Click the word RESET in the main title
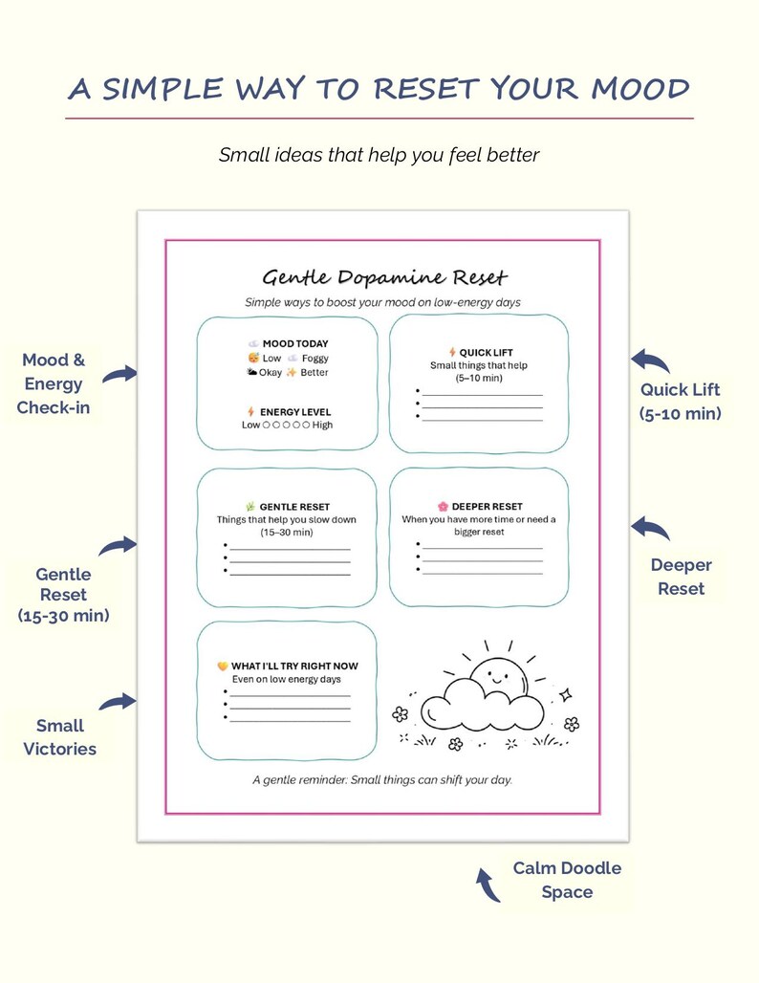click(426, 88)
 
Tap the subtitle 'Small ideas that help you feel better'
click(379, 155)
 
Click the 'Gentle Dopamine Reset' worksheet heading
click(384, 277)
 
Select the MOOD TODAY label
click(295, 343)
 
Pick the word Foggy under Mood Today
click(314, 358)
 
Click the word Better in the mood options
click(314, 372)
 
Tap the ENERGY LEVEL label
click(295, 412)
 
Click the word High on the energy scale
click(322, 426)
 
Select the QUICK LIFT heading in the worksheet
click(486, 352)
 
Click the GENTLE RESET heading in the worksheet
click(294, 507)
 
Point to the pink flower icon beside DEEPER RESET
click(443, 506)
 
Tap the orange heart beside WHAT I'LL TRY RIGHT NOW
click(222, 666)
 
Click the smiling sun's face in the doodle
click(498, 676)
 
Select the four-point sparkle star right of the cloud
click(566, 694)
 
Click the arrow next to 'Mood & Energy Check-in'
click(119, 374)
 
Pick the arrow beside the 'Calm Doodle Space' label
click(488, 885)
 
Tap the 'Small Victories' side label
click(59, 737)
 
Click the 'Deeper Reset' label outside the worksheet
click(682, 577)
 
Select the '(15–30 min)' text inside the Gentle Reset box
click(287, 533)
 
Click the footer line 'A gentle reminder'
click(382, 780)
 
